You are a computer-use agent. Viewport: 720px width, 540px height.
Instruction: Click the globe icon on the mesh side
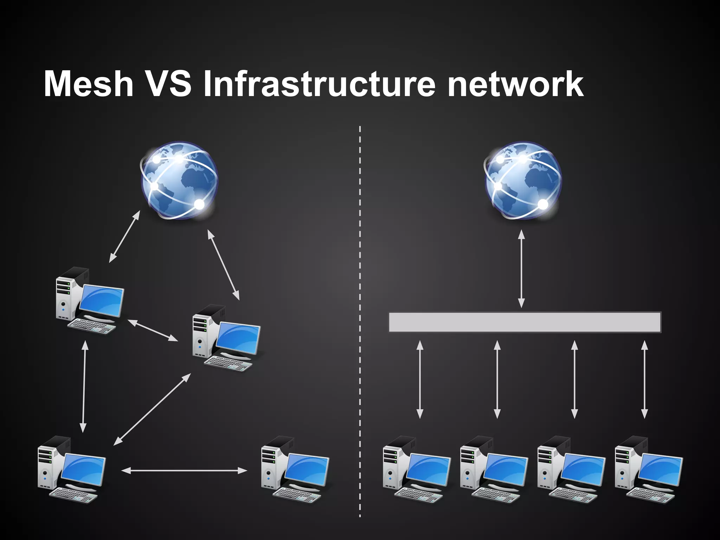[179, 180]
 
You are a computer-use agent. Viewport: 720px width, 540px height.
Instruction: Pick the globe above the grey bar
[523, 180]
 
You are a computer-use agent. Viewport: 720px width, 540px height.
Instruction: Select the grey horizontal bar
[525, 322]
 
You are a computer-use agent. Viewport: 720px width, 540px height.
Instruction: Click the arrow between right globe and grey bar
[521, 269]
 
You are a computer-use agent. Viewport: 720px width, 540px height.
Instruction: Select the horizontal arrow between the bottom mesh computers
[184, 470]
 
